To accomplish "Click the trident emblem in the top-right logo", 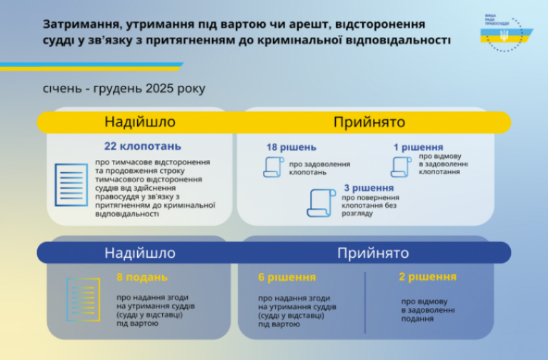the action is click(504, 35).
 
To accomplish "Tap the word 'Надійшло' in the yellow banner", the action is click(140, 122).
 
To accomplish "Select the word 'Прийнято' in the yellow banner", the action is click(369, 122).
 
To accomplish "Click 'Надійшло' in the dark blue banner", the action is click(140, 253).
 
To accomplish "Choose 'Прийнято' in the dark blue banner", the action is click(373, 253).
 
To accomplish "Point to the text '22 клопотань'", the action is click(143, 146).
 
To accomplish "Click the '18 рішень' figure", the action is click(292, 147).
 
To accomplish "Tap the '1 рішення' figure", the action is click(419, 147).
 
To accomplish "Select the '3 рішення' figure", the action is click(369, 188).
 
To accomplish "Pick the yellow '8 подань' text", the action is click(142, 277).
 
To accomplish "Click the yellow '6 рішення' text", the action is click(287, 277).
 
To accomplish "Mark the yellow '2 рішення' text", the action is click(428, 277).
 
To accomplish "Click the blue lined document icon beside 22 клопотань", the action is click(71, 185).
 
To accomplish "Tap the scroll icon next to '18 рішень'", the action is click(274, 167).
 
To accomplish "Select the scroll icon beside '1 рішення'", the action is click(401, 167).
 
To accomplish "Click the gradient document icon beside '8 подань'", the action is click(83, 299).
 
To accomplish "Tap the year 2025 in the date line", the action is click(160, 89).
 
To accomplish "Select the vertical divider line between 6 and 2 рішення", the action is click(365, 303).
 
